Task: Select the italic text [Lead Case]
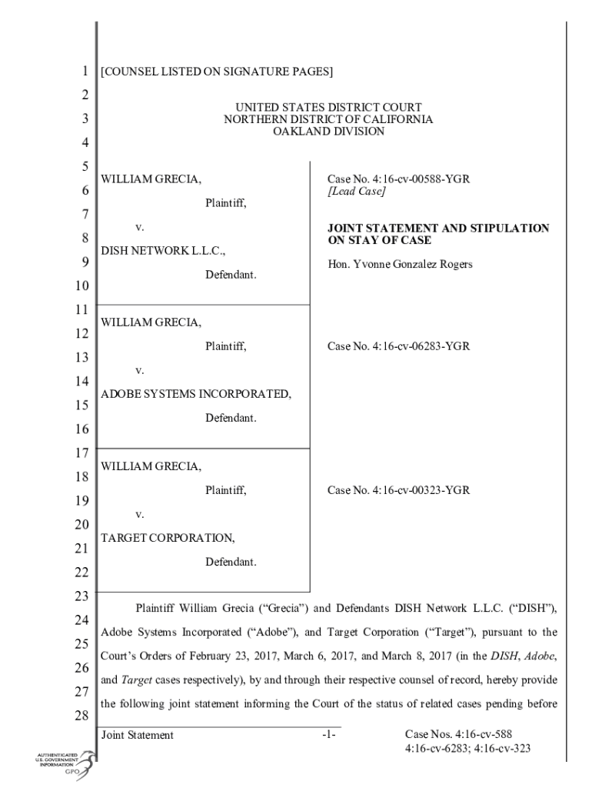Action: click(356, 192)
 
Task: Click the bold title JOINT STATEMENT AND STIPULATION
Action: click(438, 229)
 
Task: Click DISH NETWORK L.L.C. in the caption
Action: click(164, 251)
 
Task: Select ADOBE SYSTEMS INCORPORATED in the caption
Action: click(196, 395)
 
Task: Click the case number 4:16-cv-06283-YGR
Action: click(398, 346)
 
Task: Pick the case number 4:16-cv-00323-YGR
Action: click(398, 489)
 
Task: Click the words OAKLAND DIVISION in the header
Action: click(328, 132)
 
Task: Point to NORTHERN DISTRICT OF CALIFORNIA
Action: click(328, 119)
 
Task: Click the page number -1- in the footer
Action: click(329, 735)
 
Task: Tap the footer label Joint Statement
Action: click(138, 735)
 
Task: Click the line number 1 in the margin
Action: click(83, 72)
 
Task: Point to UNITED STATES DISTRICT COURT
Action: click(328, 107)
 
